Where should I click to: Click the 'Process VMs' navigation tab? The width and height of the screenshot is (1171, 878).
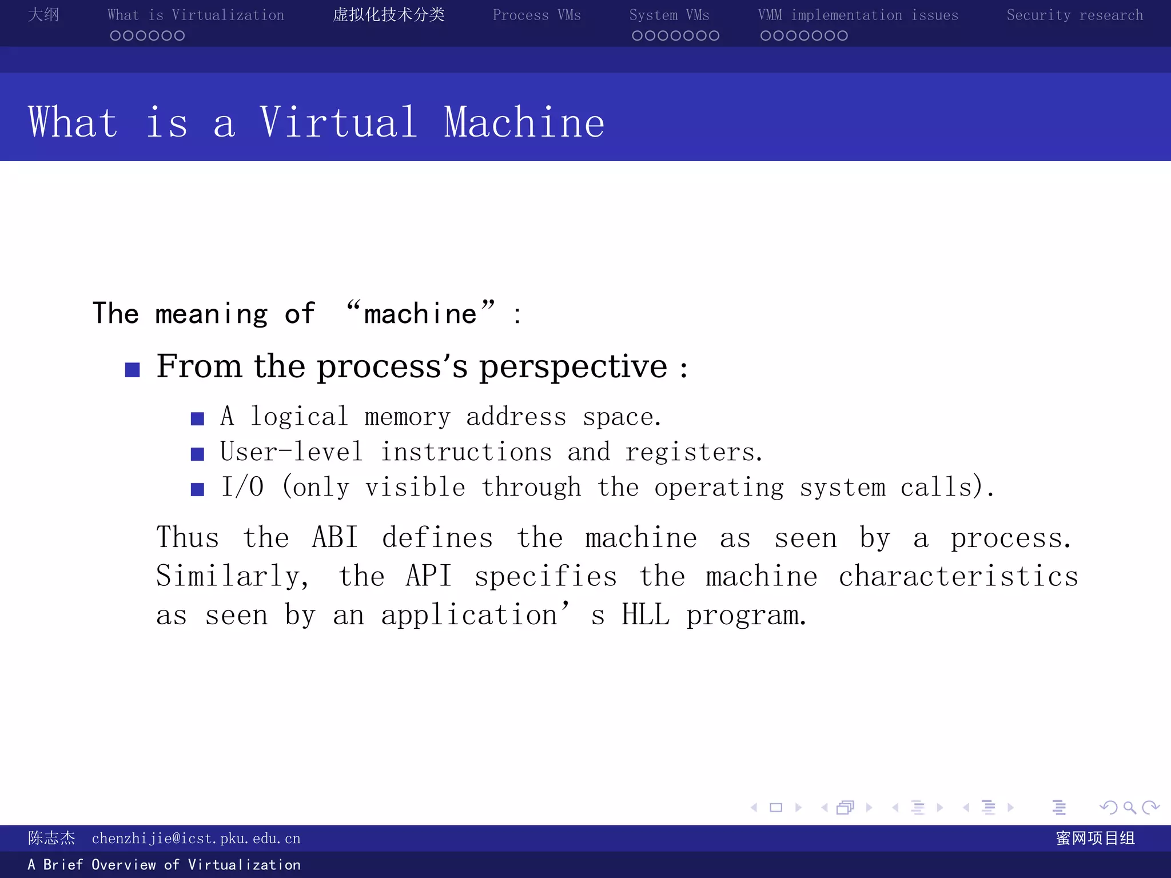coord(536,15)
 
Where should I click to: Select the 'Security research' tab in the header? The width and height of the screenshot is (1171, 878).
coord(1074,15)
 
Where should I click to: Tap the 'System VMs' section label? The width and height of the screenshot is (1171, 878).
coord(669,15)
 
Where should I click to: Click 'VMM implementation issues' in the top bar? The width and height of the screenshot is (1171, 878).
coord(858,15)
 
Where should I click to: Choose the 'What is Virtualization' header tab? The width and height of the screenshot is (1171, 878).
coord(196,15)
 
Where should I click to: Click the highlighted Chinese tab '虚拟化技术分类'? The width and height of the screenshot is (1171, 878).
coord(389,15)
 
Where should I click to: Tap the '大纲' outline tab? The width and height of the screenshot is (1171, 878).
coord(43,15)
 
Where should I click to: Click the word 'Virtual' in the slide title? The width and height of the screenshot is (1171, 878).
coord(338,122)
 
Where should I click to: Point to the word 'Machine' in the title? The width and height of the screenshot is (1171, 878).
coord(524,122)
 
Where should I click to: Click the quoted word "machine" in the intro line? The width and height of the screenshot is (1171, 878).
coord(420,313)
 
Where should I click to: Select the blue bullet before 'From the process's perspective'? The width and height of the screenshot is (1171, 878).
coord(133,370)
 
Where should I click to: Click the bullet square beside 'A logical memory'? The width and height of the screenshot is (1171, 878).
coord(197,419)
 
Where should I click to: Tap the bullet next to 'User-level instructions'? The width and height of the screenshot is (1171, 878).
coord(197,454)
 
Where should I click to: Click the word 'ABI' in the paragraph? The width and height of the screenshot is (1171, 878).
coord(335,538)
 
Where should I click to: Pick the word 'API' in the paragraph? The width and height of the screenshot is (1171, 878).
coord(429,576)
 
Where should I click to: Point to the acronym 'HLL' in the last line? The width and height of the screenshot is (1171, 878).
coord(646,615)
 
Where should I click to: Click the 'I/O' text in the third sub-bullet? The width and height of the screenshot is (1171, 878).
coord(242,488)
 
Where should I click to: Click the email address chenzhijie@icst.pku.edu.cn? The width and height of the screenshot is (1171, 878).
coord(196,839)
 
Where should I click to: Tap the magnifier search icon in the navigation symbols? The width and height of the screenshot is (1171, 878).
coord(1129,808)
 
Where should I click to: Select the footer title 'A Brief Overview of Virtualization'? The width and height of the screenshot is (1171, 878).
coord(164,865)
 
